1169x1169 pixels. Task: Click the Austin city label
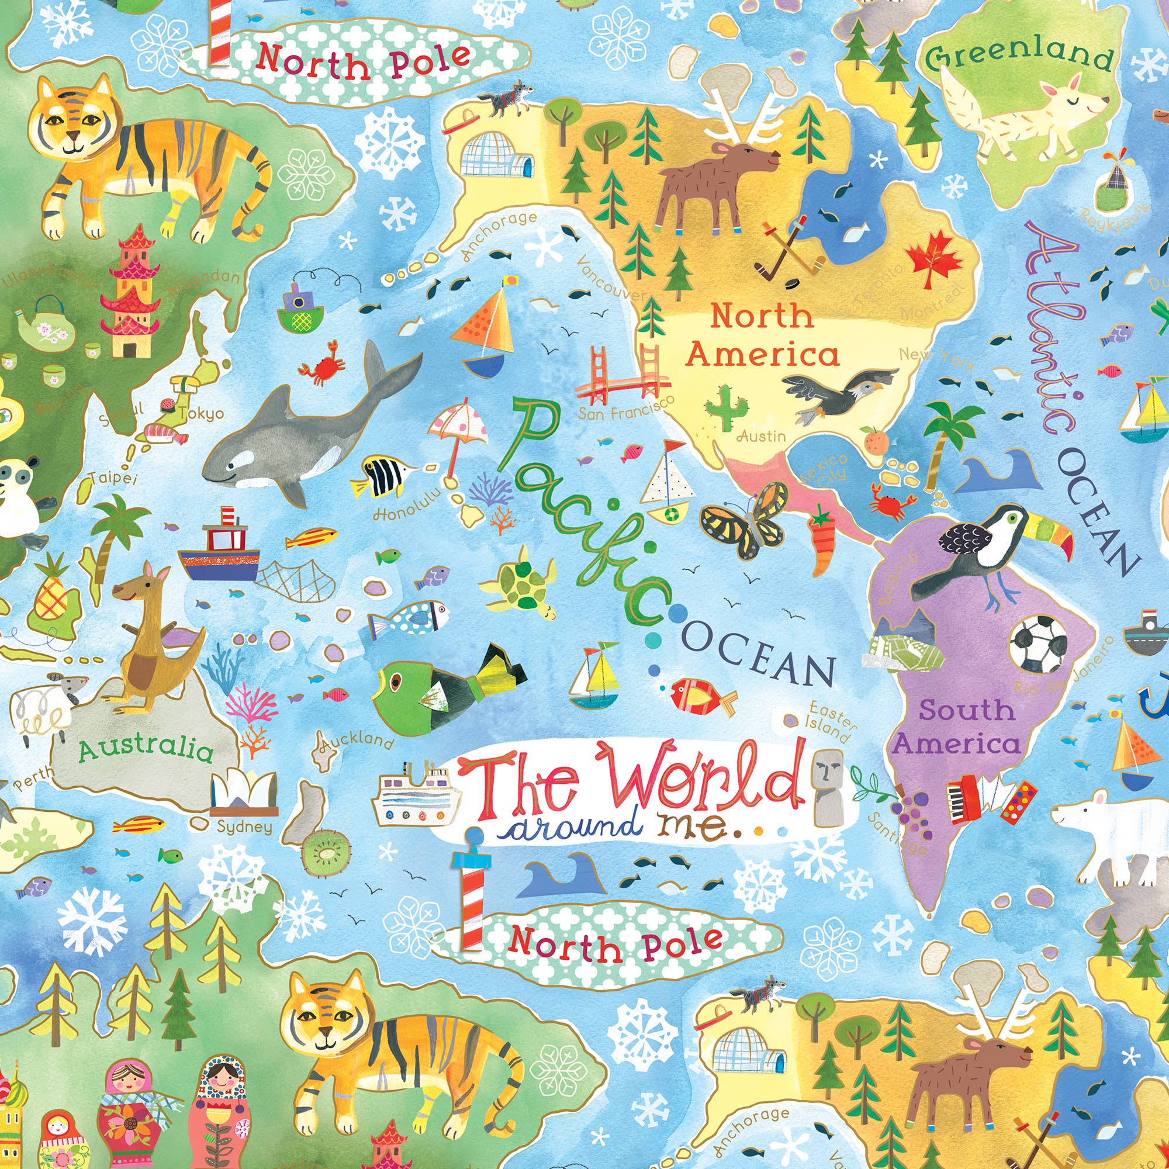click(761, 435)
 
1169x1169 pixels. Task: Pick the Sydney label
click(244, 826)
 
